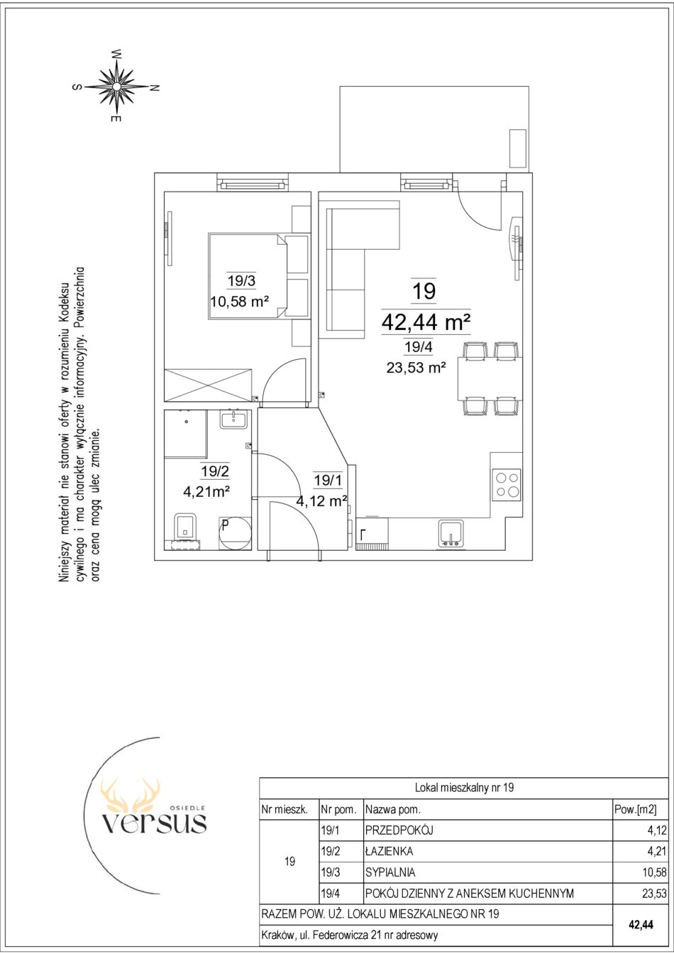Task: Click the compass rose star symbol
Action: point(116,87)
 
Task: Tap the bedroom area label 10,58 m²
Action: point(239,302)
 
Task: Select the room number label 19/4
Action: point(419,347)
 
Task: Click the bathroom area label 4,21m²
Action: point(207,492)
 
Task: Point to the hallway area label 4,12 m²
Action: point(321,501)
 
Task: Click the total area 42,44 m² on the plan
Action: point(426,322)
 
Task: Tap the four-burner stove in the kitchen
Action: point(507,485)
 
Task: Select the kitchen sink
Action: point(451,533)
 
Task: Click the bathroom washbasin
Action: point(233,419)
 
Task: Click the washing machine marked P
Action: point(235,534)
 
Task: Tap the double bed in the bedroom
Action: point(258,276)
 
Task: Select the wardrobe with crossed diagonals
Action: point(208,385)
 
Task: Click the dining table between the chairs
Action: point(490,378)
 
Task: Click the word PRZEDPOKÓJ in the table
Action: point(399,830)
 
